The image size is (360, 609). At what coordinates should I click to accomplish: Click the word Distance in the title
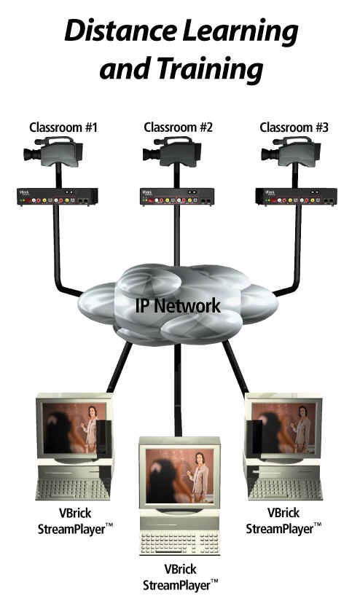tap(120, 31)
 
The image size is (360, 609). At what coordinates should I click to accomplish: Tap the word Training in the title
tap(211, 68)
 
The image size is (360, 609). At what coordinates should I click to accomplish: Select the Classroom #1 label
tap(63, 127)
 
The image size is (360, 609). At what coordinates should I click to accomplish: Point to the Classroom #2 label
tap(178, 127)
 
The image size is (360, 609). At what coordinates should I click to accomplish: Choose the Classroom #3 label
tap(294, 127)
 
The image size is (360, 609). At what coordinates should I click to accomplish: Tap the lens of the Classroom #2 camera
tap(150, 154)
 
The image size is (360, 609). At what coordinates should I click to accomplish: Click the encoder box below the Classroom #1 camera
tap(58, 197)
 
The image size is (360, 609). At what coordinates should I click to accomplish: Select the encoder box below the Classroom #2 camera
tap(177, 197)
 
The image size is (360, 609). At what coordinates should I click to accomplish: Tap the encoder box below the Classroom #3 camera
tap(296, 197)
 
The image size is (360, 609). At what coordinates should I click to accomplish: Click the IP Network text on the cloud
tap(178, 305)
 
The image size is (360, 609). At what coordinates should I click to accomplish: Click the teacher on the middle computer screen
tap(199, 476)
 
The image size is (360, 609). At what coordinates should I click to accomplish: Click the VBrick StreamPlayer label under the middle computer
tap(180, 577)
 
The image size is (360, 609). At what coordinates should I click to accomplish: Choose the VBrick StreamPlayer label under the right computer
tap(283, 521)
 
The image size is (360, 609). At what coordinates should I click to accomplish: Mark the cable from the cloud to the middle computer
tap(178, 390)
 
